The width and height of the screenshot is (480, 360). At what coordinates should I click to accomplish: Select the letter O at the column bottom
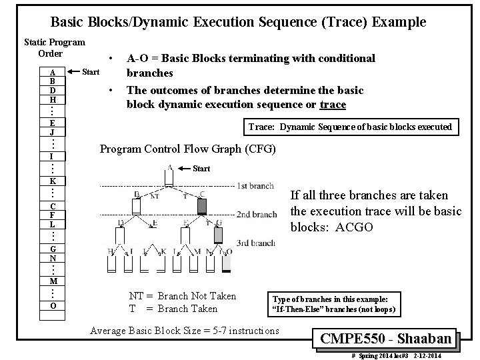52,305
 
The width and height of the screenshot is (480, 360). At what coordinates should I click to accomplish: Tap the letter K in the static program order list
52,181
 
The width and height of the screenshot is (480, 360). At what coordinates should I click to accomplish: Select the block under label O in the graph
227,263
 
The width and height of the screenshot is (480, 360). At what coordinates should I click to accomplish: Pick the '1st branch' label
256,185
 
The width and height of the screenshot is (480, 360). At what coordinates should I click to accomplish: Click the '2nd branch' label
256,215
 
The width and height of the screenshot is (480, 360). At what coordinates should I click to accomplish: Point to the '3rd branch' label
256,243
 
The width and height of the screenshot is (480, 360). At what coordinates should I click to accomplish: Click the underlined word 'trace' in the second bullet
333,104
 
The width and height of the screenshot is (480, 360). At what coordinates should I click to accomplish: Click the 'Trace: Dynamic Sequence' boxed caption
349,127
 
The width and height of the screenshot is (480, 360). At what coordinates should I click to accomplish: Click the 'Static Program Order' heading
54,47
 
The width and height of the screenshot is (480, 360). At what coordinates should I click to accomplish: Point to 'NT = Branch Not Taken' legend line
182,296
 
